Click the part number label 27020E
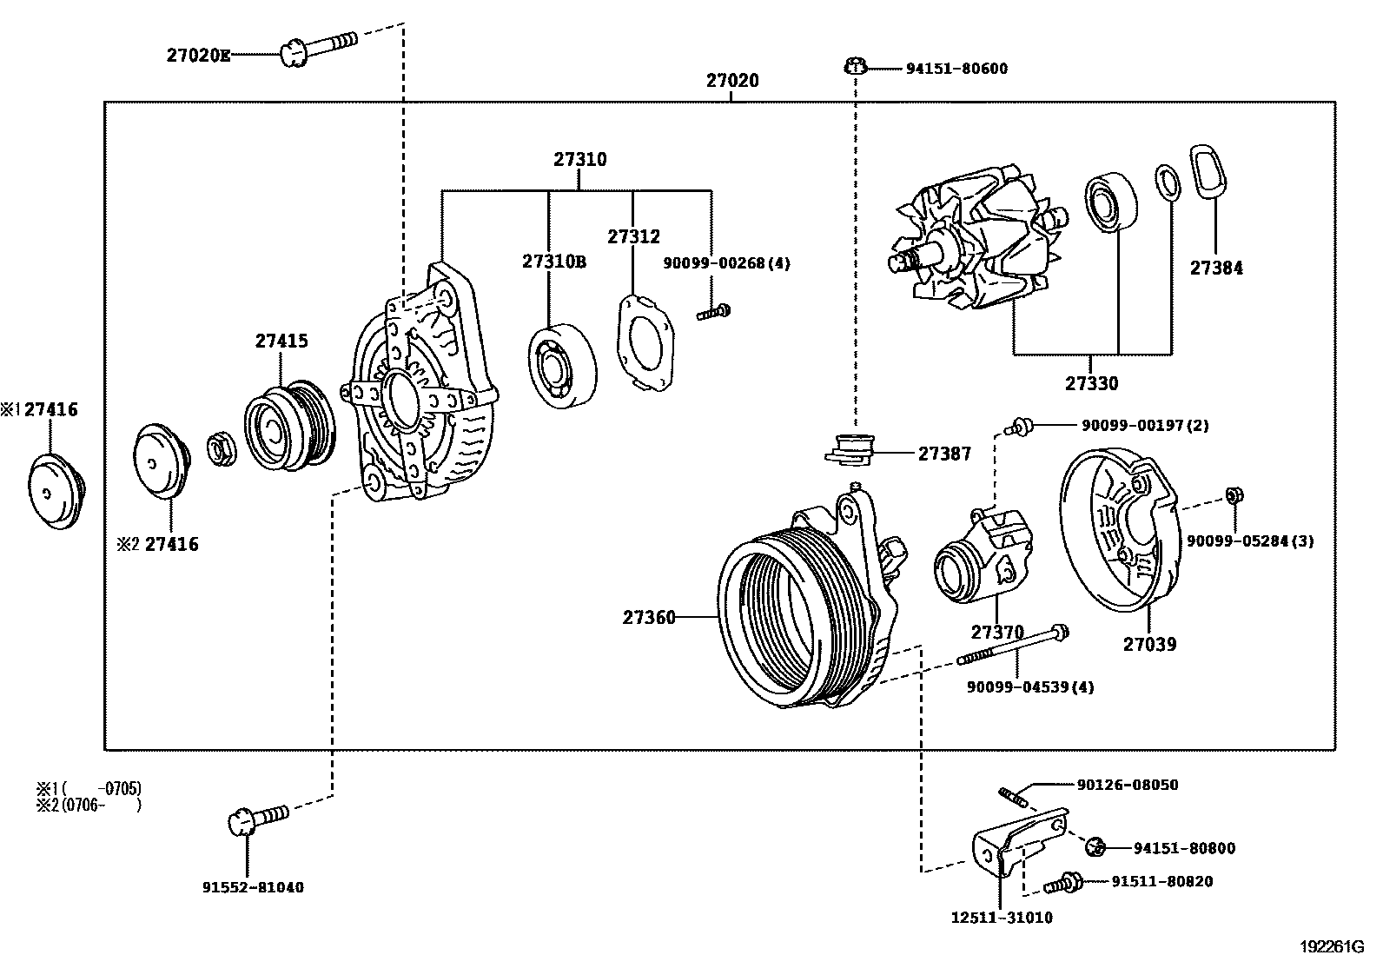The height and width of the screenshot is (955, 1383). [199, 56]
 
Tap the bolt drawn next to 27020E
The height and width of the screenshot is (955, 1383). [316, 46]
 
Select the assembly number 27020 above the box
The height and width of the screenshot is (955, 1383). [731, 81]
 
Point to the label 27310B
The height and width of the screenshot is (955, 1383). [553, 262]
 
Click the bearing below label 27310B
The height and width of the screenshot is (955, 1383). [562, 365]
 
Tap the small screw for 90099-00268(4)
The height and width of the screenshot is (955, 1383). [714, 311]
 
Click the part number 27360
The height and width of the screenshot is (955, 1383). [648, 618]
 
